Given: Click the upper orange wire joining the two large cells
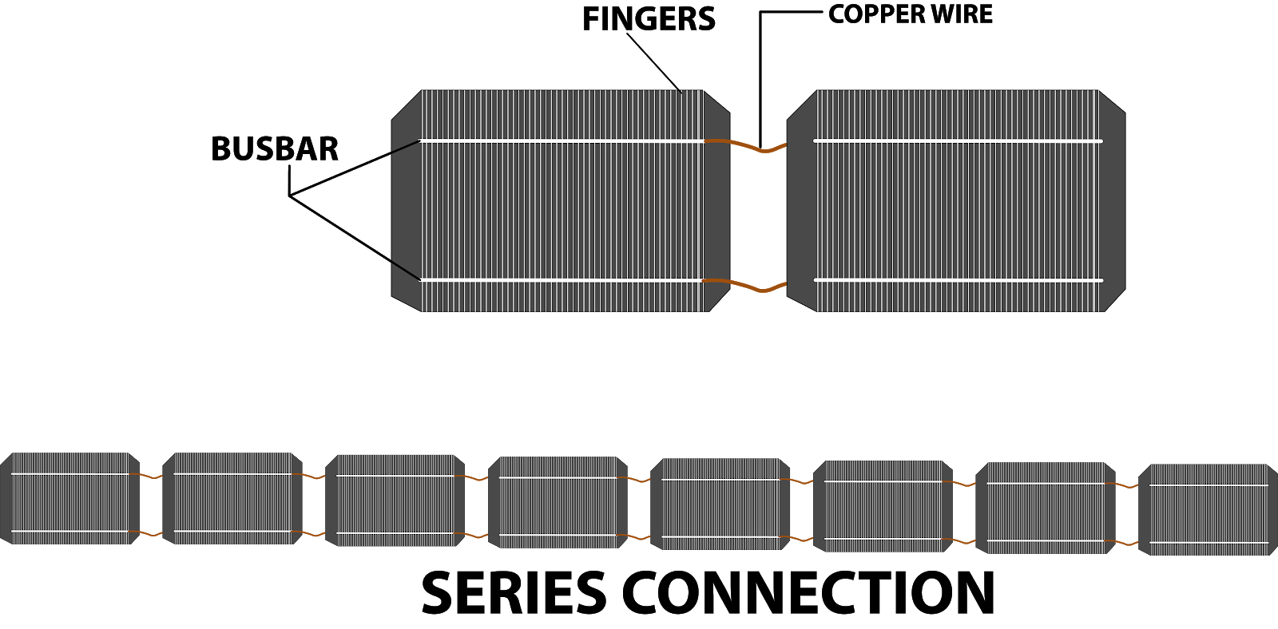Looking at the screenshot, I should point(745,145).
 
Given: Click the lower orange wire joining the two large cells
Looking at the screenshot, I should point(745,285).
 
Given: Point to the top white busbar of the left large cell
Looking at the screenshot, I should point(559,141).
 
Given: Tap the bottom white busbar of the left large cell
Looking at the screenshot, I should point(559,280).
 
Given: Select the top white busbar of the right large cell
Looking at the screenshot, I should point(958,141).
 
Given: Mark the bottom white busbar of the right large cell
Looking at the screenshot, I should point(958,280).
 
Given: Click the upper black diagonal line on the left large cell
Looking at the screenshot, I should point(406,146).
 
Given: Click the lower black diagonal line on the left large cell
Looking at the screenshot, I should point(406,271).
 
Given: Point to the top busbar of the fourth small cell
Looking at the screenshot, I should point(558,477).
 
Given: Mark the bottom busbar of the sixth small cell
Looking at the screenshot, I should point(883,539).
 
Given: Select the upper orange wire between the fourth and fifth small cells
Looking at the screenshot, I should point(638,480).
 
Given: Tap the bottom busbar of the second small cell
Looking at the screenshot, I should point(232,531).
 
